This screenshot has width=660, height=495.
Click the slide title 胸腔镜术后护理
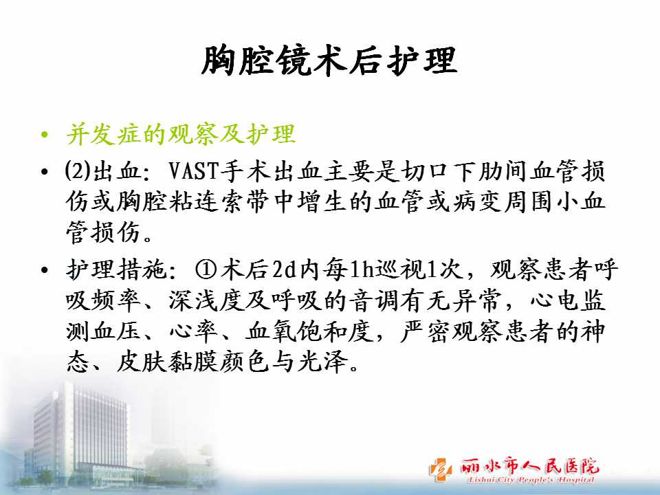pos(329,61)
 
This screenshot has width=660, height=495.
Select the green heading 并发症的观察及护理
pos(181,135)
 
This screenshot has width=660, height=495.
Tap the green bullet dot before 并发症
pos(45,135)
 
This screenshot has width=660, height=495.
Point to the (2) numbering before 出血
pos(78,171)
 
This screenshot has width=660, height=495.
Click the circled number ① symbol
pos(206,269)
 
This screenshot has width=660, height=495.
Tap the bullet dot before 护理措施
pos(45,270)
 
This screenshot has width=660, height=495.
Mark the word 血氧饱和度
pos(309,331)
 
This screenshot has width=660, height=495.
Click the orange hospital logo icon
pos(441,469)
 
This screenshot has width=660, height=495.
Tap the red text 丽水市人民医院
pos(529,466)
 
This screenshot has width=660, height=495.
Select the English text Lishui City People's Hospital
pos(531,480)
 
